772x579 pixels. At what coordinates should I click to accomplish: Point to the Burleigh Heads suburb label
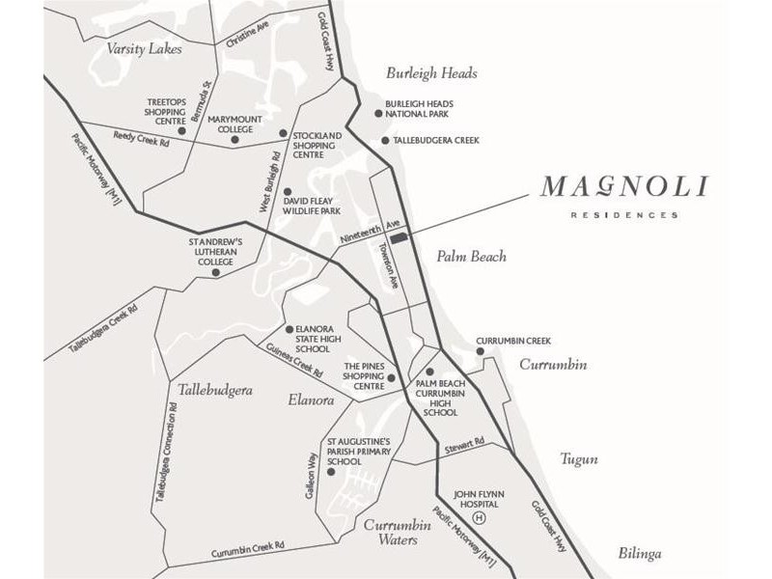coord(431,73)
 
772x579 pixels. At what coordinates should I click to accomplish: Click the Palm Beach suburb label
coord(471,257)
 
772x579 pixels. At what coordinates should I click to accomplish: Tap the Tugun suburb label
coord(578,459)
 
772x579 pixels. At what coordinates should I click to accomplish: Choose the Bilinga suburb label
coord(641,553)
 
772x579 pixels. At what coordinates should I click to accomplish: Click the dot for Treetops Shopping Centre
coord(181,130)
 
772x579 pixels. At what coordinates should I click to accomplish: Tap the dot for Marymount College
coord(234,140)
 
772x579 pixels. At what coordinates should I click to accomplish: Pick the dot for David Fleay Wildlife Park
coord(286,191)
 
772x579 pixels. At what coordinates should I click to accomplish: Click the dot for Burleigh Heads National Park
coord(379,113)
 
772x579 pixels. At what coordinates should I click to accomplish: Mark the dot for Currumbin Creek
coord(480,351)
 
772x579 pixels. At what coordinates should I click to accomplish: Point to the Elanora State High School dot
coord(289,329)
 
